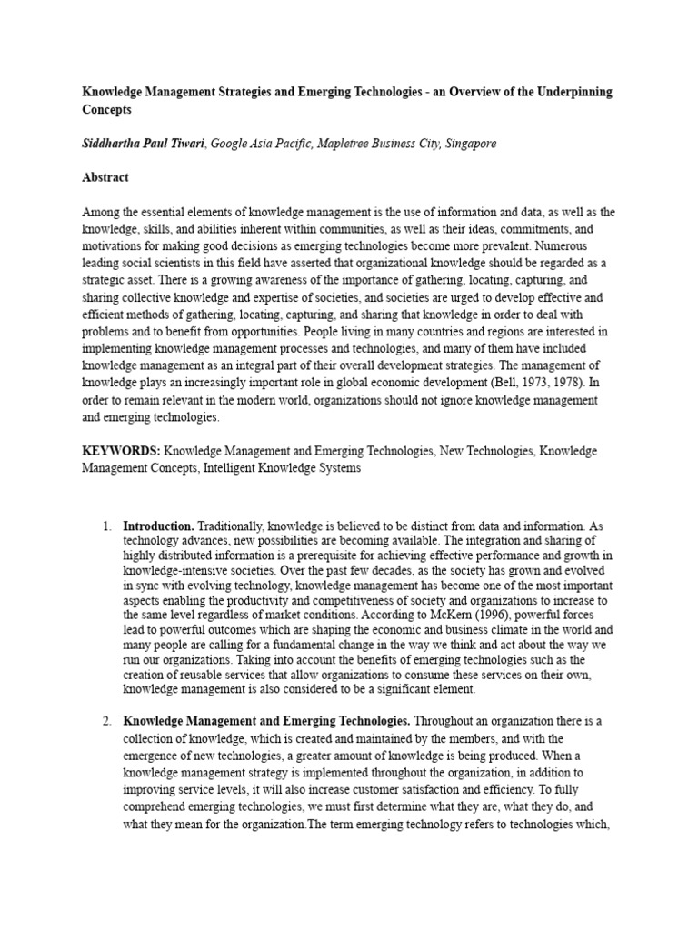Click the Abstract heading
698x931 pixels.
(x=105, y=178)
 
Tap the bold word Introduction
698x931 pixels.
(x=158, y=526)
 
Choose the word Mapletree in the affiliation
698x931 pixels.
(x=348, y=144)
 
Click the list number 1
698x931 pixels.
(x=106, y=526)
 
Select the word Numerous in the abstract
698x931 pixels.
(x=563, y=246)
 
